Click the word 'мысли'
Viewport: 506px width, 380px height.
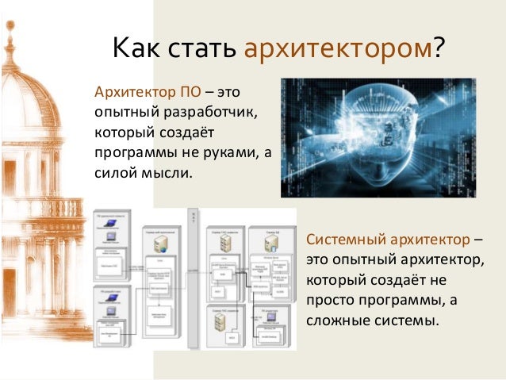tap(168, 171)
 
